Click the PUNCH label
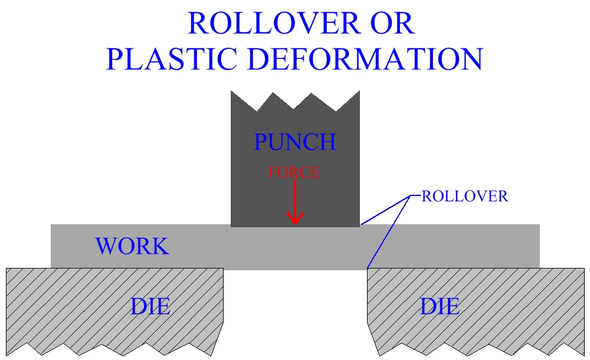pyautogui.click(x=294, y=142)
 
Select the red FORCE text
pyautogui.click(x=294, y=173)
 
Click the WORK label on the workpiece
pyautogui.click(x=132, y=246)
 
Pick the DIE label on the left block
pyautogui.click(x=150, y=306)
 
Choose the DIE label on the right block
pyautogui.click(x=440, y=306)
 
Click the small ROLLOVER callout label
pyautogui.click(x=464, y=197)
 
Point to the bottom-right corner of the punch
pyautogui.click(x=359, y=226)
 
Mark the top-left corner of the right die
pyautogui.click(x=368, y=269)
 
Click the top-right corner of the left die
pyautogui.click(x=222, y=269)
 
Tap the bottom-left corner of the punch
pyautogui.click(x=231, y=226)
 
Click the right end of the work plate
pyautogui.click(x=538, y=246)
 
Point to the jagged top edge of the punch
pyautogui.click(x=295, y=100)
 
